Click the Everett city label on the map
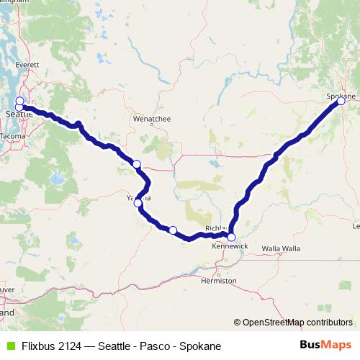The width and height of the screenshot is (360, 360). pos(27,85)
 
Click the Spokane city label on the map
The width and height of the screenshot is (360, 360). pos(340,95)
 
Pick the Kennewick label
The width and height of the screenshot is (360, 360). pos(230,246)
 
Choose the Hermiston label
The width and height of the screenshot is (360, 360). pos(219,281)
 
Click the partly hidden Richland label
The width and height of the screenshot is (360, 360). pos(215,228)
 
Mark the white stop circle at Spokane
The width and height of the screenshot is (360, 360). pos(341,102)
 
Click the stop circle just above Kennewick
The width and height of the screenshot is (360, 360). pos(231,237)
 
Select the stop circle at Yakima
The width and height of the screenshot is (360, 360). pos(138,203)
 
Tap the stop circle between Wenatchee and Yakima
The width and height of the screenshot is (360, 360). pos(136,165)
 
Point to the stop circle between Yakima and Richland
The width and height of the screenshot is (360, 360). pos(173,230)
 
